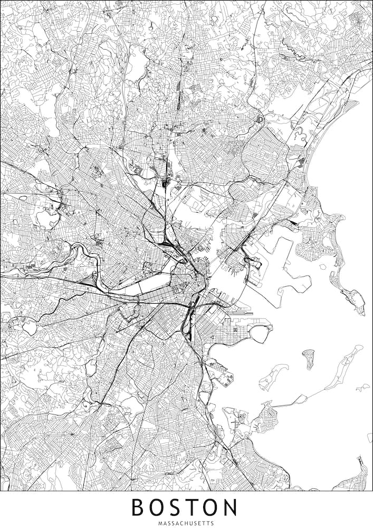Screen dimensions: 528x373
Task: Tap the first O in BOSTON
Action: (x=158, y=507)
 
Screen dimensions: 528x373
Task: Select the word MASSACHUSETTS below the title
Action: (x=186, y=522)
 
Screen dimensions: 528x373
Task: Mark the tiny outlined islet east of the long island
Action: (x=362, y=388)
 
